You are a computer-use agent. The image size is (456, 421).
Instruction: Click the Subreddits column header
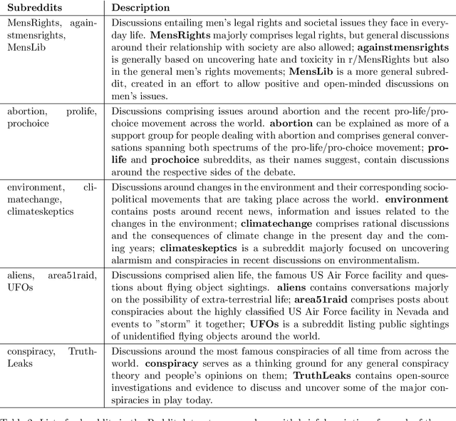[x=33, y=8]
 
